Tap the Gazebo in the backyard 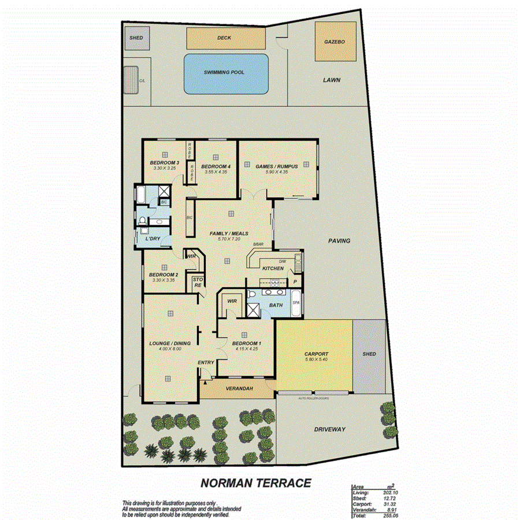click(x=335, y=42)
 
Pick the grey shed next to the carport click(x=369, y=354)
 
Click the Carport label click(x=316, y=354)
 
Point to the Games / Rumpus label click(x=277, y=166)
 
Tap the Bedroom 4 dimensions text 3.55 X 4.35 click(x=214, y=172)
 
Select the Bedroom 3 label click(x=164, y=163)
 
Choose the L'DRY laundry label click(x=153, y=239)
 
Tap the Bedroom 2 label click(x=163, y=274)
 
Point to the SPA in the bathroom click(x=296, y=303)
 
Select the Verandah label click(x=239, y=388)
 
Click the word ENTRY click(x=206, y=363)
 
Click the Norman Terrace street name click(x=256, y=482)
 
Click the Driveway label click(x=329, y=429)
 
